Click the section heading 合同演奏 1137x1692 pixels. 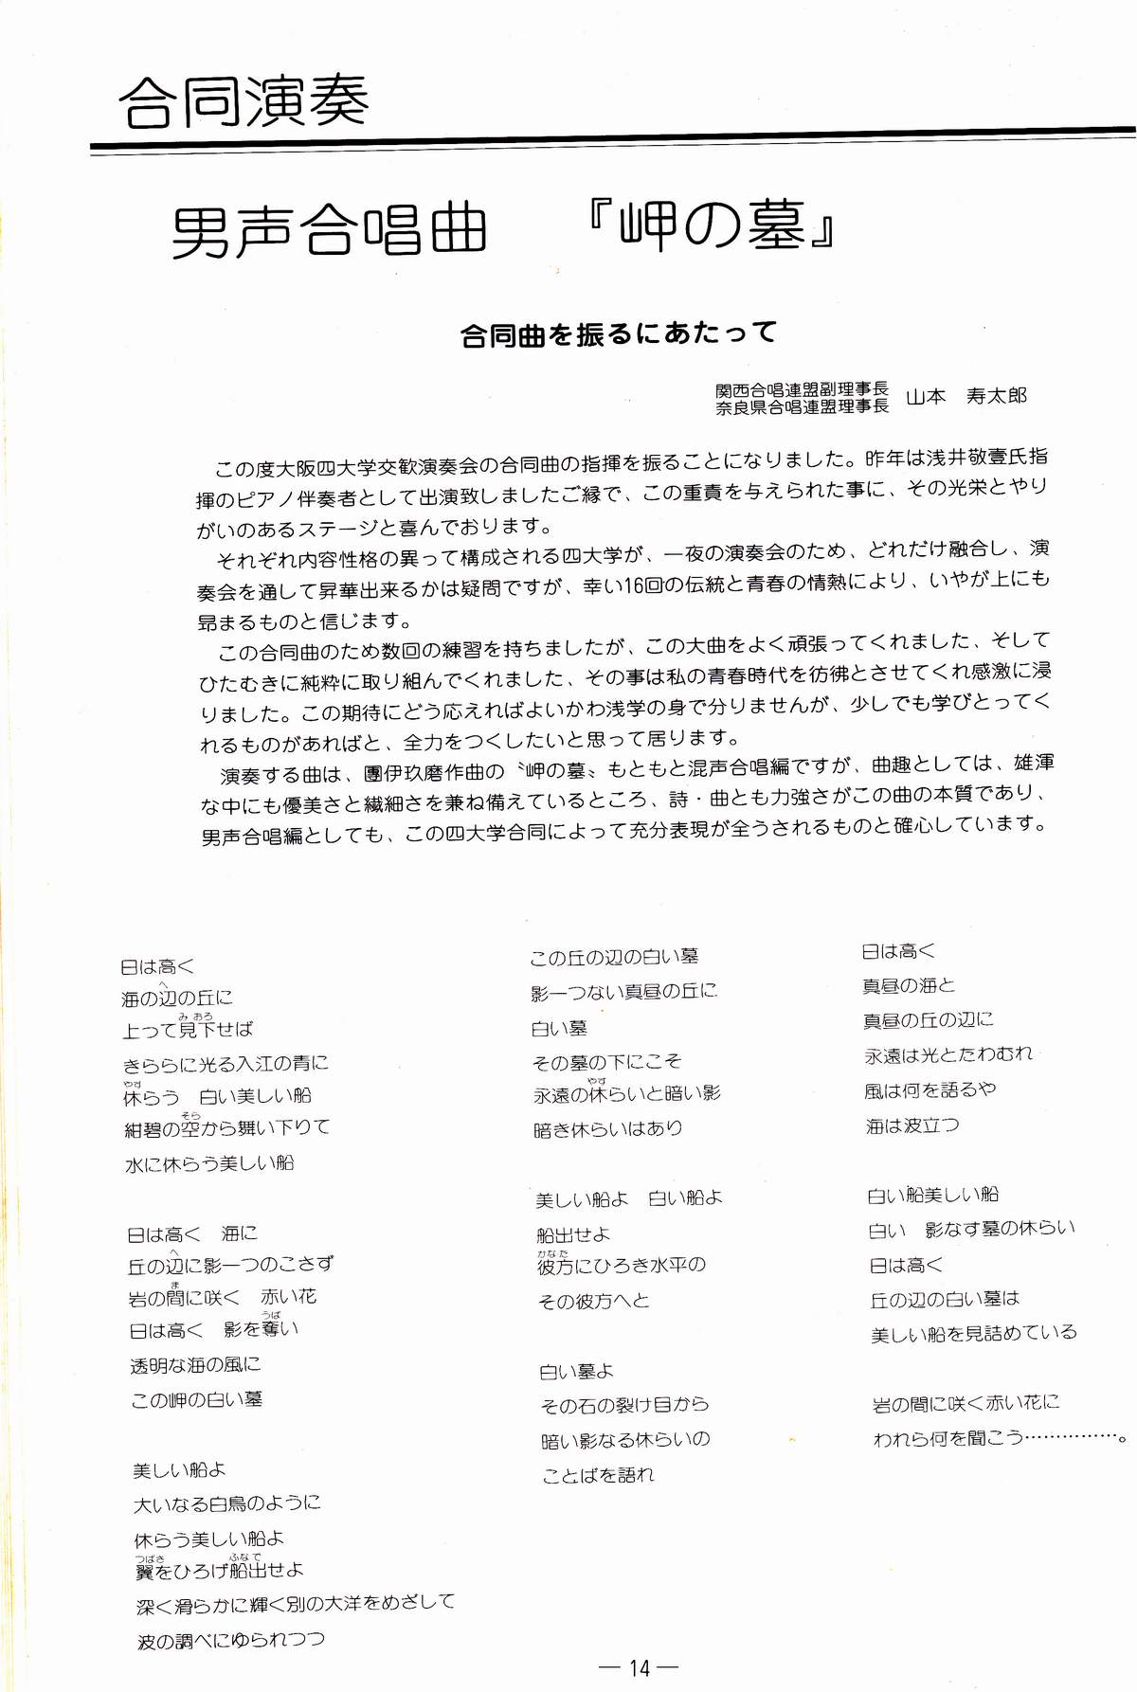244,101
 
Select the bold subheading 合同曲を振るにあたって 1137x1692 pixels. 618,333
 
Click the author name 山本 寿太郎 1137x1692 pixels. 966,397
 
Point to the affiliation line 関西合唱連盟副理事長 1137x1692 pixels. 802,389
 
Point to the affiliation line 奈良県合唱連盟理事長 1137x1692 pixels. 802,406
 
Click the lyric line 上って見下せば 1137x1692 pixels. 188,1030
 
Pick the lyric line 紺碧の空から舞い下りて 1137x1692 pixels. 227,1128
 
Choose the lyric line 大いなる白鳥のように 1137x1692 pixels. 227,1503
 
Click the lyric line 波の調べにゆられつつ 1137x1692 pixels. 230,1640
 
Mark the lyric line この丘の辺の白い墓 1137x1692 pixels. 614,958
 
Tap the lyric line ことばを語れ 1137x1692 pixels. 598,1475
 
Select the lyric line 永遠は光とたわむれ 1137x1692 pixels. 947,1054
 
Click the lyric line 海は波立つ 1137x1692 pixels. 911,1125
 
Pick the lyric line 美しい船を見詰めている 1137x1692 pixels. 973,1334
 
